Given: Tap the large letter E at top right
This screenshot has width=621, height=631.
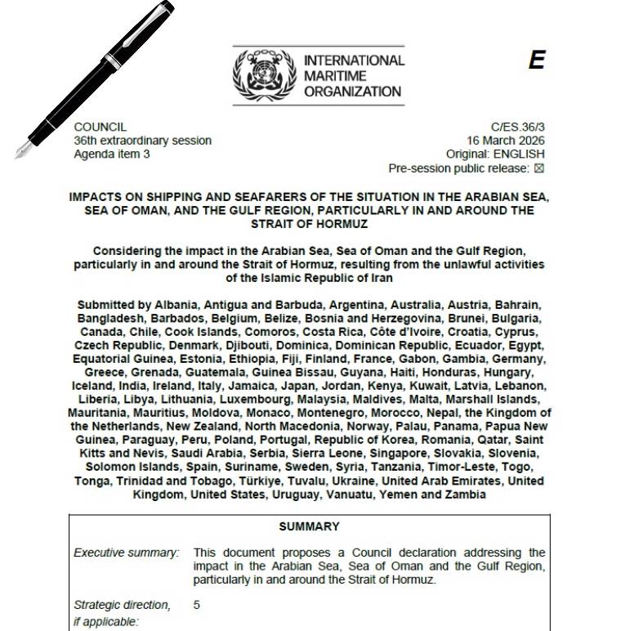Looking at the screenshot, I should [536, 60].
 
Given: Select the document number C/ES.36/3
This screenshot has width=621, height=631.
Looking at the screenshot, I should [517, 127].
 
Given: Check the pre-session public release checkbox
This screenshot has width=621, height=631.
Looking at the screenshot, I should [538, 168].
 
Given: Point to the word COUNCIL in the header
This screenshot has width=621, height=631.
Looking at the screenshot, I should [100, 127].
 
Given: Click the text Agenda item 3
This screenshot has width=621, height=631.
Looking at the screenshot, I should [112, 153].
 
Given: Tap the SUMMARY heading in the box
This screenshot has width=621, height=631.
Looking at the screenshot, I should [309, 526].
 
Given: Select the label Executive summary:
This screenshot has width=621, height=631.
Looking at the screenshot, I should [126, 553].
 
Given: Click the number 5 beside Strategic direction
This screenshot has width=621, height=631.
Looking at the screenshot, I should [197, 605].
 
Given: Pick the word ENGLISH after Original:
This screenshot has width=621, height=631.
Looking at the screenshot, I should [520, 153].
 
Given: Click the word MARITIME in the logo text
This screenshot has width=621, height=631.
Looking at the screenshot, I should [333, 76].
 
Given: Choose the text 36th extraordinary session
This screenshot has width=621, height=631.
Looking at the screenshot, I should [142, 140].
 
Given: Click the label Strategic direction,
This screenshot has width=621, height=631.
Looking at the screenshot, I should [123, 605].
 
